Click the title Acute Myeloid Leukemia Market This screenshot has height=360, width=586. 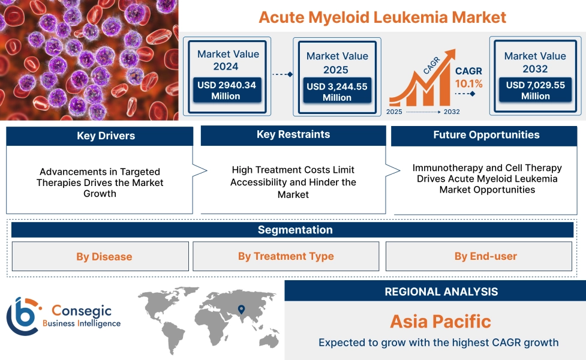tap(382, 17)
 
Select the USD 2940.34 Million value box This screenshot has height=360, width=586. tap(226, 91)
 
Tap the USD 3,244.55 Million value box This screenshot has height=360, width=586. tap(336, 92)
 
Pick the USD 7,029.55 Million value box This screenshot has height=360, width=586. tap(535, 91)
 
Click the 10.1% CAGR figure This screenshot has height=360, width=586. tap(468, 83)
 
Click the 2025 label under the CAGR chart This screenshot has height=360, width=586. tap(395, 112)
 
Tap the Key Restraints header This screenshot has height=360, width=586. tap(293, 135)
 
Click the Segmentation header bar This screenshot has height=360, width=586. tap(295, 230)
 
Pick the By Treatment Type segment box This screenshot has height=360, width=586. tap(286, 257)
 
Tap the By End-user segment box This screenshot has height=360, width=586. tap(485, 257)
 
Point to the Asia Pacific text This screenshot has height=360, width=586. tap(440, 321)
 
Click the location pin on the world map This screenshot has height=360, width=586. tap(241, 310)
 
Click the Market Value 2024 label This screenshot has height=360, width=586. tap(228, 60)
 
